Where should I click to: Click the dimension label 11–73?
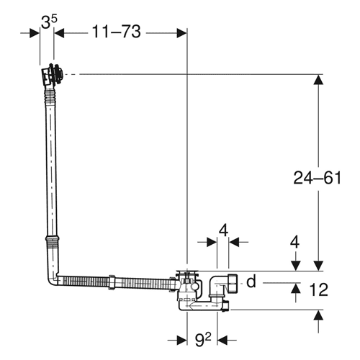tap(116, 32)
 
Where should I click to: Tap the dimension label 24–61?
tap(317, 178)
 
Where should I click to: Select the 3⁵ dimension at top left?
tap(49, 22)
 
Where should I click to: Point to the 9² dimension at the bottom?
tap(203, 340)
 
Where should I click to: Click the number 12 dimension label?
tap(318, 289)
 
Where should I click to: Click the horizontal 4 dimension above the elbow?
tap(223, 231)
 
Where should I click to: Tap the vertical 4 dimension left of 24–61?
tap(294, 242)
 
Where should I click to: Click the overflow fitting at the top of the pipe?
tap(53, 74)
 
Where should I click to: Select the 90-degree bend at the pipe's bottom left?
tap(53, 279)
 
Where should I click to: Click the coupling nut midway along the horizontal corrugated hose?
tap(112, 282)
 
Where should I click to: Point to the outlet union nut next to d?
tap(233, 283)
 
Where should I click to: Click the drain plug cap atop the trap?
tap(187, 272)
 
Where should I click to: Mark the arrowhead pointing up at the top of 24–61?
tap(318, 80)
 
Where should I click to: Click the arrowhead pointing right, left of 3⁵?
tap(35, 33)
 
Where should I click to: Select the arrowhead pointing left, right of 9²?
tap(222, 340)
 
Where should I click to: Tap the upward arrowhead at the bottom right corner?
tap(318, 315)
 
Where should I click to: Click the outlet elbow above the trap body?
tap(217, 287)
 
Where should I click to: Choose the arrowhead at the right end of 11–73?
tap(181, 33)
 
